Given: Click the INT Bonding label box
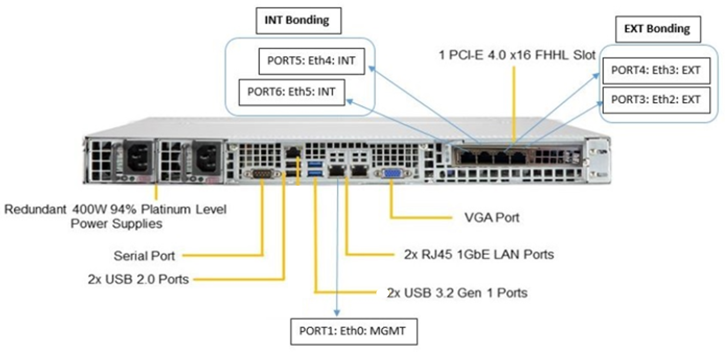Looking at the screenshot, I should [x=298, y=20].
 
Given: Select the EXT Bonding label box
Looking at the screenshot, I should [x=657, y=29].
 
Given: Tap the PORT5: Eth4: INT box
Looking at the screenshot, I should [x=311, y=61].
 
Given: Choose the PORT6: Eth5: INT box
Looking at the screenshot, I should [x=291, y=92].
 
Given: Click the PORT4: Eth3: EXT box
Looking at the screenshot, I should [x=656, y=70].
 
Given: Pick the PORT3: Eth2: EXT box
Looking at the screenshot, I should [x=656, y=100].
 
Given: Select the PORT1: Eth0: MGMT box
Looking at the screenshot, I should [x=353, y=331].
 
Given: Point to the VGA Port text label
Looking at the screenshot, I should [x=492, y=217].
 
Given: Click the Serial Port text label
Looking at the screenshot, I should [x=144, y=256].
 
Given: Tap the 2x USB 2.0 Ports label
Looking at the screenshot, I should [x=138, y=279].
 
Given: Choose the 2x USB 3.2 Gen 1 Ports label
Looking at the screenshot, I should [x=457, y=293].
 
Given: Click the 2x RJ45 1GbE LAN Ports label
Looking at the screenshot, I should [x=479, y=254].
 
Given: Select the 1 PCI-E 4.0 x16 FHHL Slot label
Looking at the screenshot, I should [x=517, y=55].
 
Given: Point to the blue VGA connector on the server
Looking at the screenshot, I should [x=392, y=173].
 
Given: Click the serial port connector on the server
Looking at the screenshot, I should [x=261, y=174].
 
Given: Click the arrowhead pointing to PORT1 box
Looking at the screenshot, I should [x=337, y=313].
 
